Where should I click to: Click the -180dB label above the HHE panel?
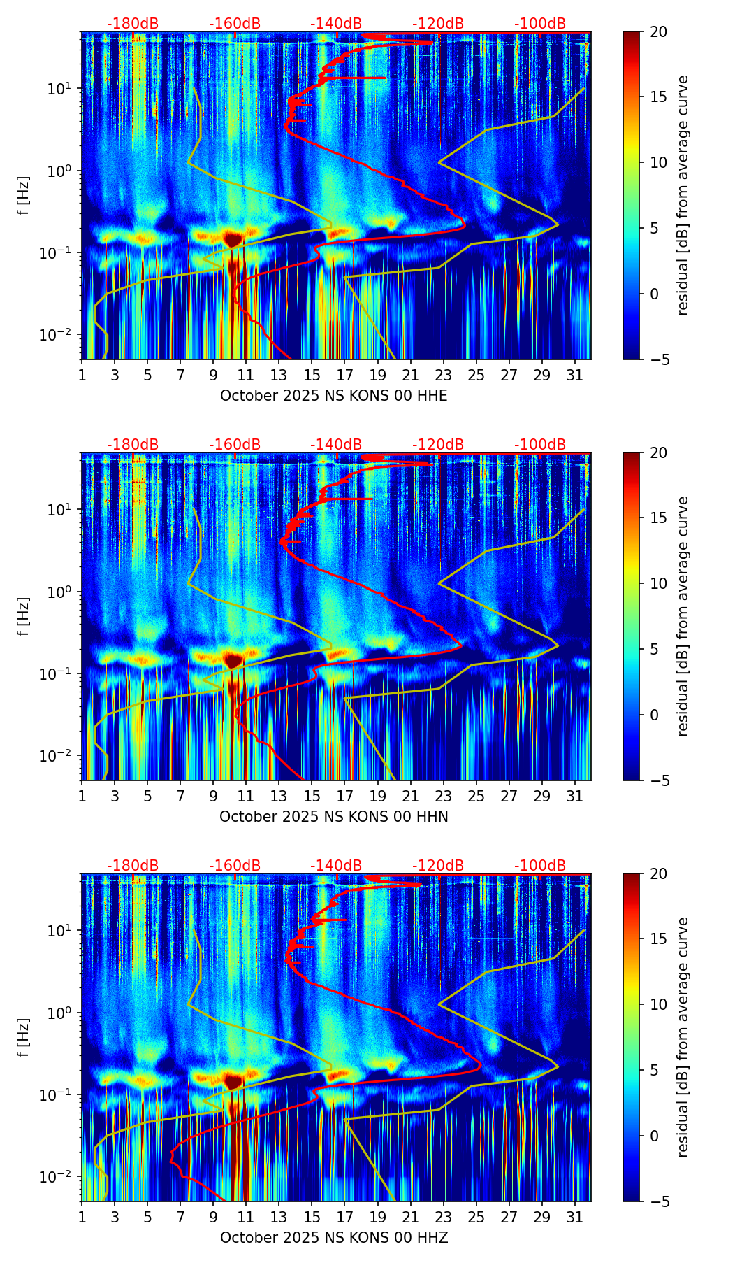tap(133, 24)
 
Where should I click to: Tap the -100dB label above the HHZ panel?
tap(540, 866)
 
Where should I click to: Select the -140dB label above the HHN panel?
tap(336, 445)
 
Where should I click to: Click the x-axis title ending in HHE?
tap(334, 396)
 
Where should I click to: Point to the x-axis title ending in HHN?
tap(334, 817)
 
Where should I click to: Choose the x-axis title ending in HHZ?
tap(334, 1238)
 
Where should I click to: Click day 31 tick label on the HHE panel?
tap(575, 376)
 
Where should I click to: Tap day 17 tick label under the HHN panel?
tap(345, 797)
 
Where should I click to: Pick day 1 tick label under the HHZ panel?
tap(82, 1218)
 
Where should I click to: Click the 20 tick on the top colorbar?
tap(658, 32)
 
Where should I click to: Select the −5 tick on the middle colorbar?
tap(658, 780)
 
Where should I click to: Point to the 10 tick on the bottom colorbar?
tap(658, 1005)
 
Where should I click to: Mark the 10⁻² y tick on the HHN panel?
tap(61, 756)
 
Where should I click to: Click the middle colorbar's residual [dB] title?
tap(683, 616)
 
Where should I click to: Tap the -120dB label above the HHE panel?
tap(438, 24)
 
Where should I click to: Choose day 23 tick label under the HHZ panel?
tap(444, 1218)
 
